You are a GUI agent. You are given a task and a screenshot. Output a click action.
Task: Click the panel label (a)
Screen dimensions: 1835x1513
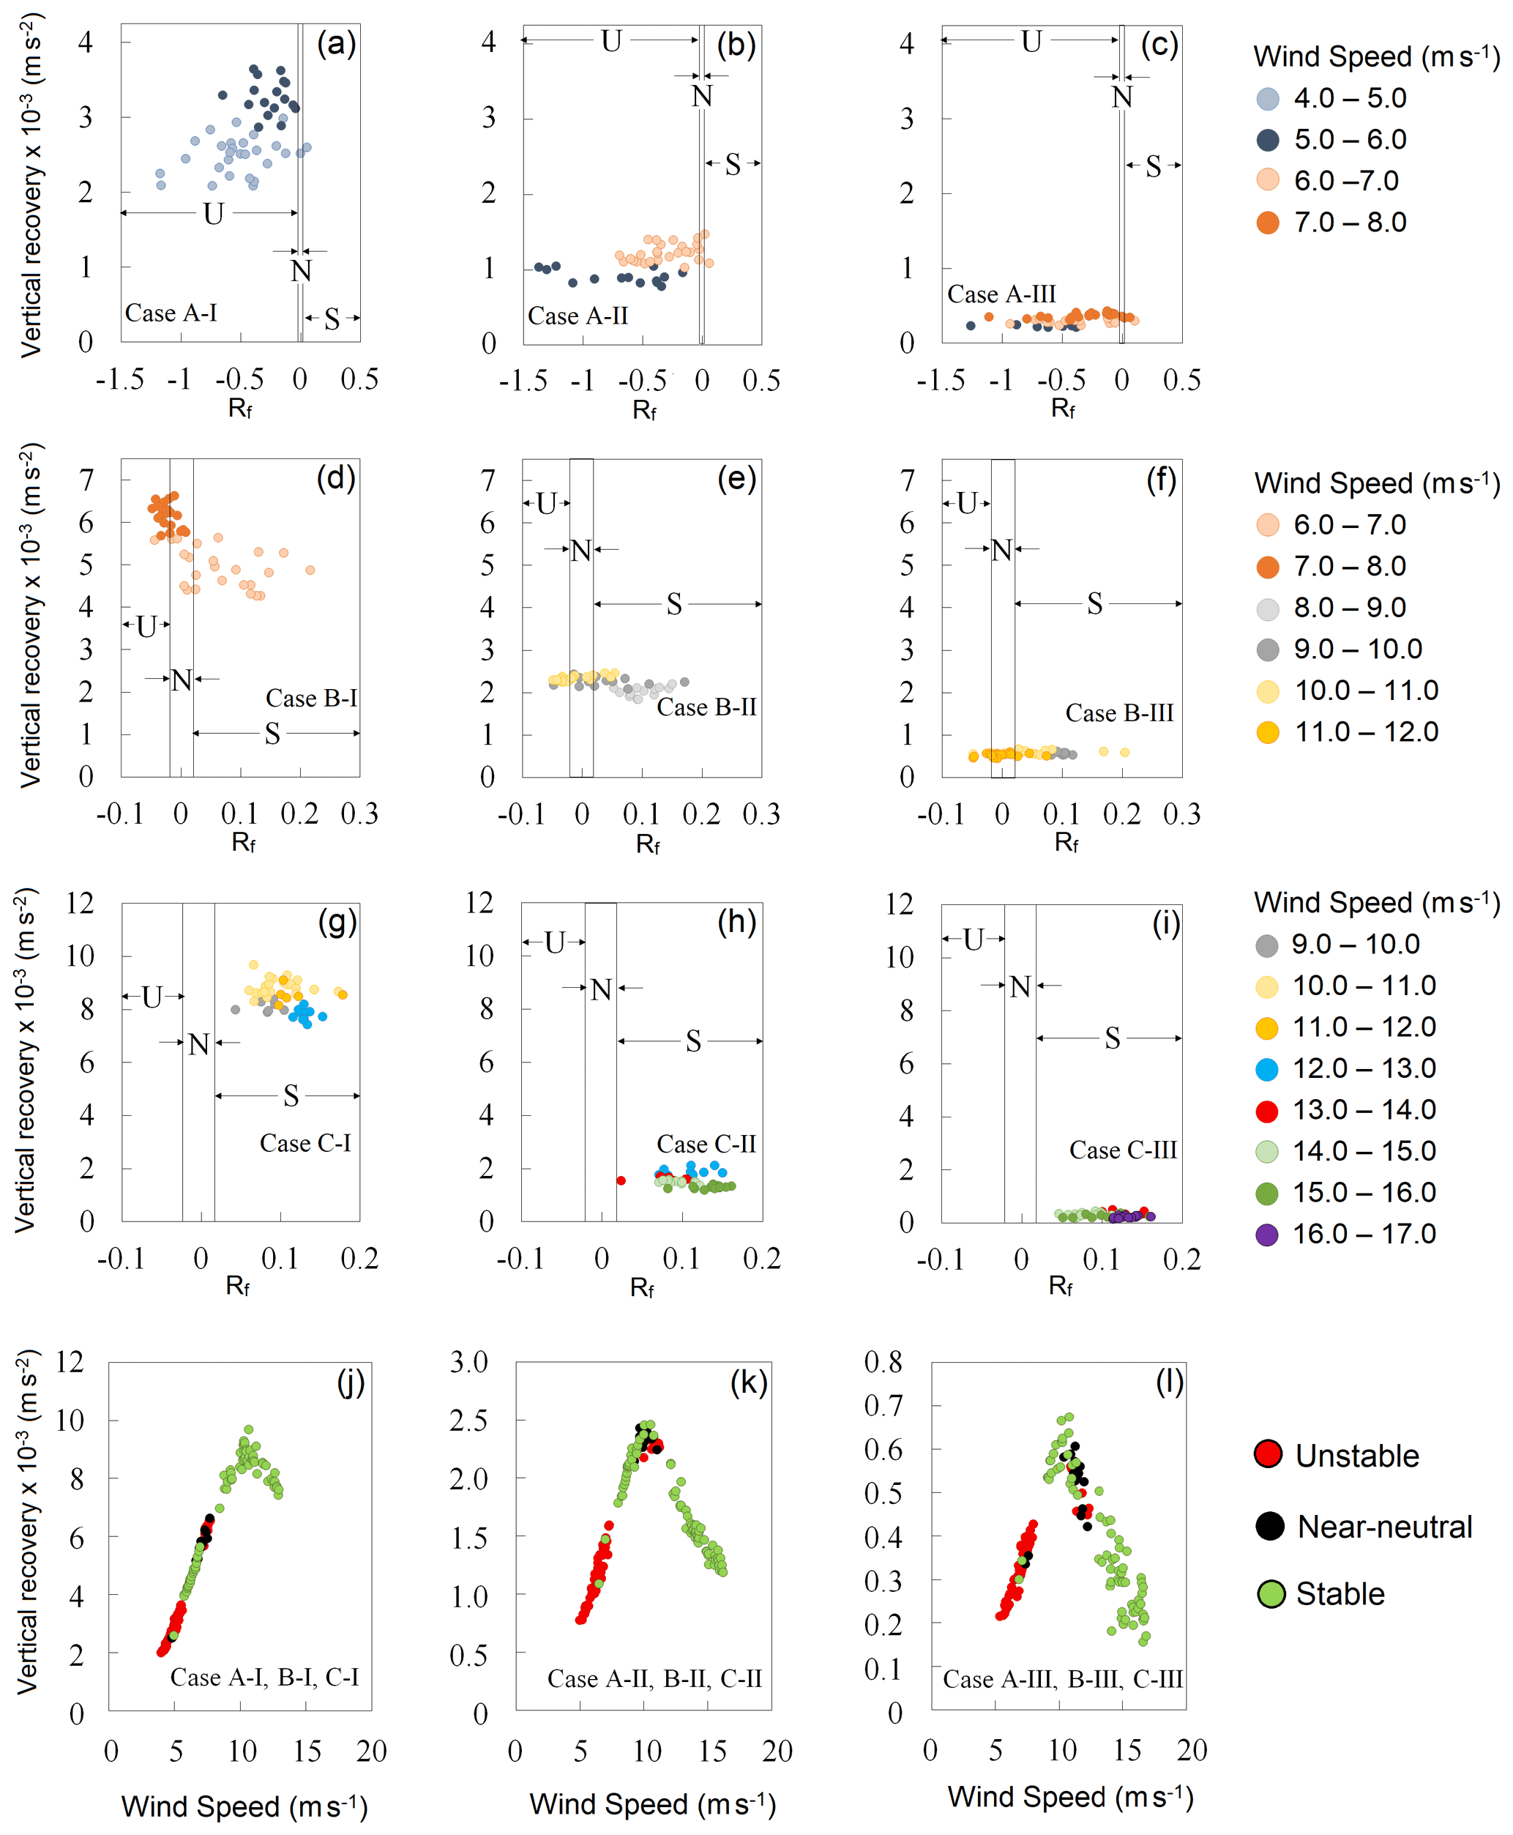click(x=335, y=44)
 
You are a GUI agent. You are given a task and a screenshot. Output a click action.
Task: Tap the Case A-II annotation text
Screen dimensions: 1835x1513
click(x=577, y=316)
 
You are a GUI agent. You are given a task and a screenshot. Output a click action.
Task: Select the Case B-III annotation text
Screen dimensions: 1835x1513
click(x=1119, y=713)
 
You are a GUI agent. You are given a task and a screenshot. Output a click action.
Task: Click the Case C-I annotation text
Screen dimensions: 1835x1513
click(x=305, y=1143)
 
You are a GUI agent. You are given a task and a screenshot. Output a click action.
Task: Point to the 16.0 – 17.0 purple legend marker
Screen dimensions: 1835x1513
click(x=1266, y=1235)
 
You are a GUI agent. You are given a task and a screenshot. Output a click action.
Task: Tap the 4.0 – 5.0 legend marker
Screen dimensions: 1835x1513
click(x=1268, y=99)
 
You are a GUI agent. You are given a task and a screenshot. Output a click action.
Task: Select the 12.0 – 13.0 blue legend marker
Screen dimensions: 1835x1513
click(x=1266, y=1069)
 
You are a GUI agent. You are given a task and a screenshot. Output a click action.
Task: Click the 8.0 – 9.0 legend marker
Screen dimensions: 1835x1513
click(x=1268, y=608)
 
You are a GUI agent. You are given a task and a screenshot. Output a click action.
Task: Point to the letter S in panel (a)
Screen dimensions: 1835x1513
click(x=332, y=320)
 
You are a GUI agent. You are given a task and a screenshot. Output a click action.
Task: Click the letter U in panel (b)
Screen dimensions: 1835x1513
click(x=611, y=41)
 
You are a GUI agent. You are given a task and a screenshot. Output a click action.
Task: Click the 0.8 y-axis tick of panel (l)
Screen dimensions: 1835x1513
click(x=882, y=1362)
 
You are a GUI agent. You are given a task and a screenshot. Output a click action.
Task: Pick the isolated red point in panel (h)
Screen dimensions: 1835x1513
click(x=621, y=1180)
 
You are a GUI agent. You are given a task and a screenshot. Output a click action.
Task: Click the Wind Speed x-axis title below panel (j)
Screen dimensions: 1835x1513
click(x=244, y=1806)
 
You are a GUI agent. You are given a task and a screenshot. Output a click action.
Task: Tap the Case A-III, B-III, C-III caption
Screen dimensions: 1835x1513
click(x=1062, y=1679)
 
